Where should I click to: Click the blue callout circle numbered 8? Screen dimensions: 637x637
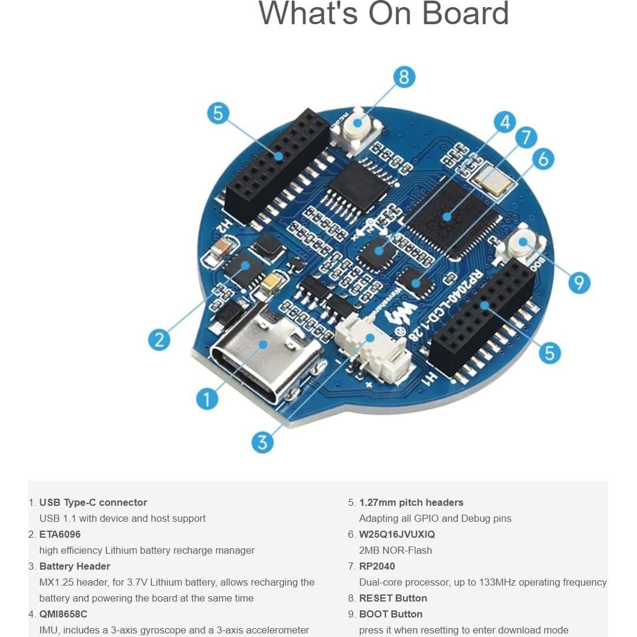[404, 77]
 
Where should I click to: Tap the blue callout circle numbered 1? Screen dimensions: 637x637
[207, 399]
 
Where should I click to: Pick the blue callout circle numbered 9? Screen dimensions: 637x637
[578, 282]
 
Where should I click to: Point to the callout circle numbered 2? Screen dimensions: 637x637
[159, 339]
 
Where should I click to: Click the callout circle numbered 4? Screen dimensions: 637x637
[504, 122]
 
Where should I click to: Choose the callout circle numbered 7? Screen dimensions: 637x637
[525, 137]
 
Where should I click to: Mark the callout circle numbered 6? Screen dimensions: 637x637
[543, 158]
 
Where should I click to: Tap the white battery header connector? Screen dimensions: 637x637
[369, 352]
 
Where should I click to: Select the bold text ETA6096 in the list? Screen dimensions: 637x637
[60, 534]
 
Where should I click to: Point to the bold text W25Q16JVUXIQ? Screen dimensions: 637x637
[396, 534]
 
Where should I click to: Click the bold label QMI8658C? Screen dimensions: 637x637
[63, 614]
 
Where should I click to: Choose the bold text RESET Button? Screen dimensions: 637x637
[393, 598]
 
